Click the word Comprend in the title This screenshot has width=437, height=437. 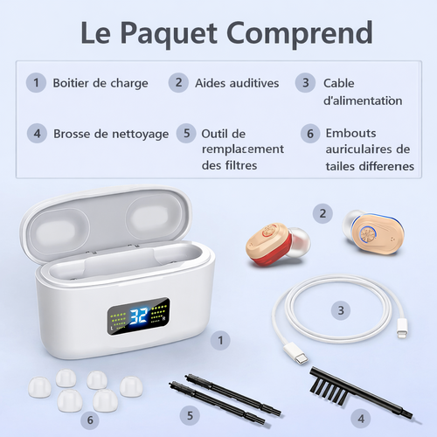[292, 33]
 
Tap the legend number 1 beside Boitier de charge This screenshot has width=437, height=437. [35, 83]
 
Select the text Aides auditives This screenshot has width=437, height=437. [237, 83]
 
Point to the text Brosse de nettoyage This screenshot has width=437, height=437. [111, 134]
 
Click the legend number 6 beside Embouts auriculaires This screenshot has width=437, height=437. [309, 134]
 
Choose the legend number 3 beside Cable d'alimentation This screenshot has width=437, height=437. [305, 83]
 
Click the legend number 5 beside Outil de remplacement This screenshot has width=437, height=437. [184, 134]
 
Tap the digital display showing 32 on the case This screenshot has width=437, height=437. [136, 319]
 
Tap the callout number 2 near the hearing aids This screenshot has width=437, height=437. [323, 212]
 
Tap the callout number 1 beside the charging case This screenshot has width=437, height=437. [222, 336]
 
